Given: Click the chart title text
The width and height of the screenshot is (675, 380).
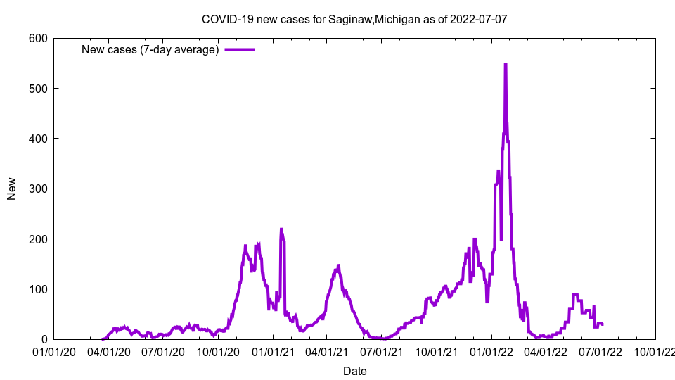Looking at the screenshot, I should [x=354, y=19].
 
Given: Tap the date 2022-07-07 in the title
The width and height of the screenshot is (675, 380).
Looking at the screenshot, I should [x=477, y=19].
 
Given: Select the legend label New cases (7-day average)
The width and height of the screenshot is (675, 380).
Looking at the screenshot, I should [x=150, y=50].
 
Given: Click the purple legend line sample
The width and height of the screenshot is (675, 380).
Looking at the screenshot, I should [x=239, y=50].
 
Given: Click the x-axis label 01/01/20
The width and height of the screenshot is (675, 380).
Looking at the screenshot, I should [x=54, y=351].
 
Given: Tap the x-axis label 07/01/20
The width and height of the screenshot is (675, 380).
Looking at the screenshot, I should [x=164, y=351].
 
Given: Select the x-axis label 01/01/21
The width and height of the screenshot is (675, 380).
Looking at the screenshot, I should [x=274, y=351].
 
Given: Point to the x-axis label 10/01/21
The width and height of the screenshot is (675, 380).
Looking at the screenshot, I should [x=437, y=351].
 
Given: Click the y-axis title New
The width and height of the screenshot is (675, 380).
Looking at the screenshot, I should [x=12, y=189].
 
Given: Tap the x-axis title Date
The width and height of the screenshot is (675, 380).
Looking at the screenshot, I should [x=354, y=370].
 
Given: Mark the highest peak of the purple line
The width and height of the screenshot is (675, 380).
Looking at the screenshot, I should [x=505, y=64].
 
